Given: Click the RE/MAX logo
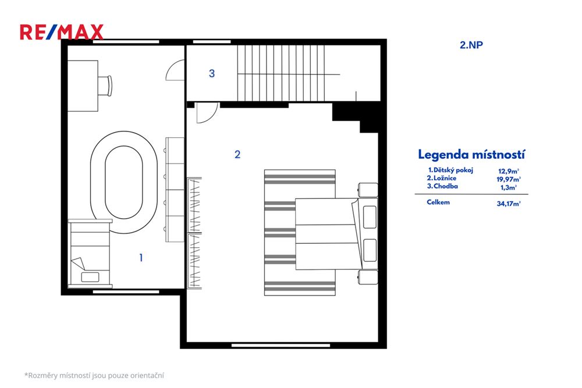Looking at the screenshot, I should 62,31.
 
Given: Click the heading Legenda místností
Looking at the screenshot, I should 471,154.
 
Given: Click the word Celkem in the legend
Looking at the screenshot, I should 438,202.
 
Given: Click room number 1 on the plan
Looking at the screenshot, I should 140,257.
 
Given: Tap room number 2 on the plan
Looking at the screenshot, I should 237,155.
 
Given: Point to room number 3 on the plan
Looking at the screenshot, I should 212,73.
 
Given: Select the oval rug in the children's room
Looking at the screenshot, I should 123,181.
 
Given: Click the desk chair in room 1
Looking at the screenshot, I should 105,86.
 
